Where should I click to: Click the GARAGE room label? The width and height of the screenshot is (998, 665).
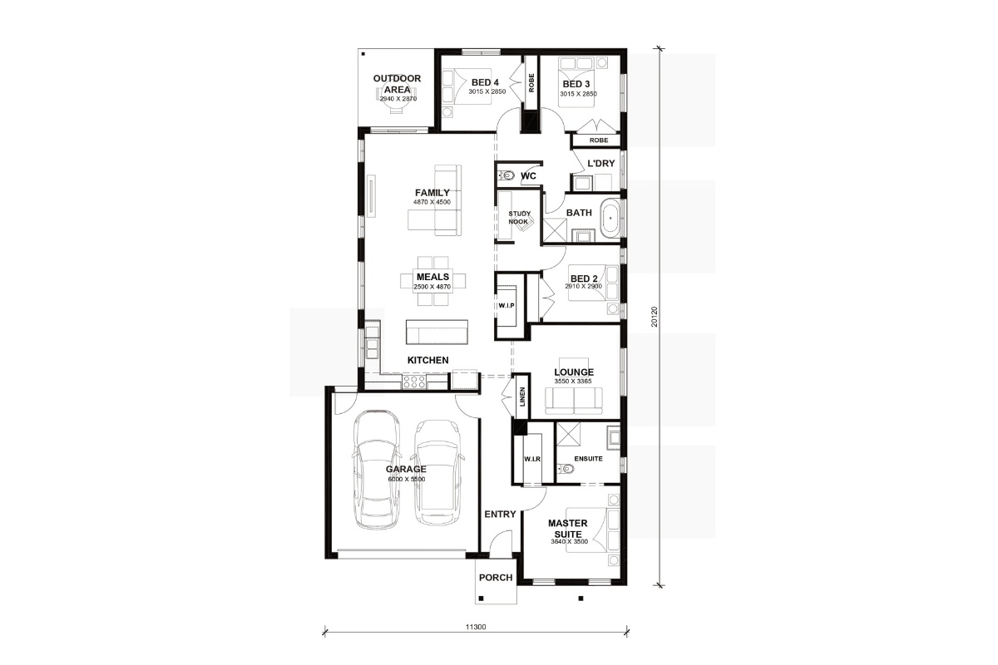pyautogui.click(x=406, y=469)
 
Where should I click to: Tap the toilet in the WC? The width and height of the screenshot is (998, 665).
pyautogui.click(x=506, y=175)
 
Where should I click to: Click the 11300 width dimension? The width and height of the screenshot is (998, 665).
pyautogui.click(x=476, y=627)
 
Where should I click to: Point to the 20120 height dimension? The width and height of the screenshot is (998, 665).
pyautogui.click(x=655, y=317)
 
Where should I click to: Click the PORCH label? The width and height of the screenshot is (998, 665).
pyautogui.click(x=496, y=578)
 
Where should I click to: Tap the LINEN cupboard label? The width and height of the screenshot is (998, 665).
pyautogui.click(x=522, y=397)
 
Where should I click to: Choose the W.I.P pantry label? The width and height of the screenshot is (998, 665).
pyautogui.click(x=506, y=306)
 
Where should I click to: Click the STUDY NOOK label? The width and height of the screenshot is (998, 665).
pyautogui.click(x=519, y=218)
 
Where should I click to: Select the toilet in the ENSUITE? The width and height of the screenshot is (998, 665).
pyautogui.click(x=566, y=469)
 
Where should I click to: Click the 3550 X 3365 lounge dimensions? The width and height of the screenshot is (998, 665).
pyautogui.click(x=573, y=382)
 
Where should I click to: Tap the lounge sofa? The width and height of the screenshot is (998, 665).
pyautogui.click(x=573, y=401)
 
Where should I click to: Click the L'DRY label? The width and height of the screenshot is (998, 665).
pyautogui.click(x=601, y=164)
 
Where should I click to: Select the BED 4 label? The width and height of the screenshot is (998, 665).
pyautogui.click(x=485, y=82)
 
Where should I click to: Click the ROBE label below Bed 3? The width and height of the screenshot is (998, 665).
pyautogui.click(x=598, y=140)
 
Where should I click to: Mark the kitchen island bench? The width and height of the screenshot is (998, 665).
pyautogui.click(x=437, y=332)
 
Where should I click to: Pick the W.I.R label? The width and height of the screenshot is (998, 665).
pyautogui.click(x=532, y=459)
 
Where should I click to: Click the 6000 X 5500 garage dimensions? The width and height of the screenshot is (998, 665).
pyautogui.click(x=407, y=480)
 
